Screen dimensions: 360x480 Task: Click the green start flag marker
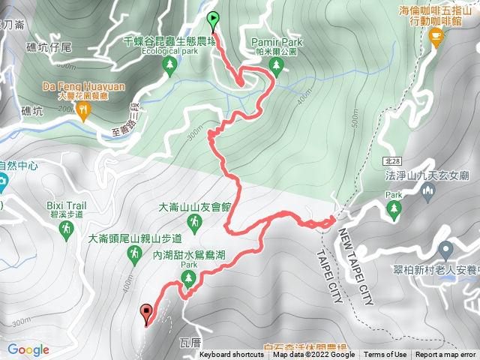(213, 20)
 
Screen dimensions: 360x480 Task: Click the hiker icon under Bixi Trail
(65, 226)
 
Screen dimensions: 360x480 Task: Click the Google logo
(28, 349)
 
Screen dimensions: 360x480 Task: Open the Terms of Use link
(385, 355)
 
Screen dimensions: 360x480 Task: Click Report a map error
(445, 355)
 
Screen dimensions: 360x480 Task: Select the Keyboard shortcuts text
(232, 355)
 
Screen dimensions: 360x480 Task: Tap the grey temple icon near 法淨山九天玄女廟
(429, 193)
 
